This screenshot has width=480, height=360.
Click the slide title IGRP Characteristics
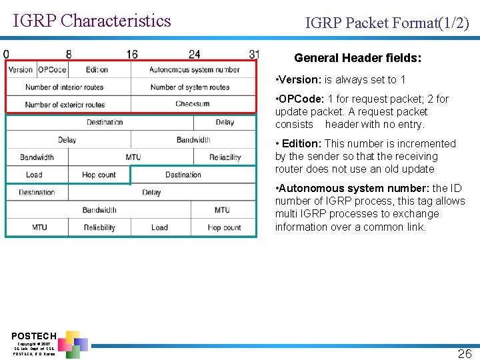coord(92,21)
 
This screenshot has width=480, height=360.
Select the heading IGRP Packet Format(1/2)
coord(387,24)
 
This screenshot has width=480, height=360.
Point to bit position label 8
coord(69,54)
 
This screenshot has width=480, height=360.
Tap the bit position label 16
coord(131,54)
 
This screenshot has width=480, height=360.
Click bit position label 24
coord(194,54)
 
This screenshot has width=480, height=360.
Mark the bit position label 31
coord(254,54)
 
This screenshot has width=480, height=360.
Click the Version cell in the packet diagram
coord(21,69)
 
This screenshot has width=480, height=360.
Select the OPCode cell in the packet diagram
coord(52,69)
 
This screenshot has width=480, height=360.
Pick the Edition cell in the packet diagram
coord(97,69)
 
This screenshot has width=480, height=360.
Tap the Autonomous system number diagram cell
coord(194,69)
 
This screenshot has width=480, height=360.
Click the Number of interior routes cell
coord(65,87)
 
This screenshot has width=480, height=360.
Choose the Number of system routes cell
coord(190,87)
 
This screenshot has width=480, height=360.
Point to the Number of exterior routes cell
coord(65,104)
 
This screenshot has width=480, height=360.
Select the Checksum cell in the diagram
coord(193,104)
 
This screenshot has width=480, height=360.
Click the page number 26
coord(464,353)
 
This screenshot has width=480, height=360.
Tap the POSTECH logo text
coord(34,335)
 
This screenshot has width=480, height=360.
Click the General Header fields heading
coord(357,59)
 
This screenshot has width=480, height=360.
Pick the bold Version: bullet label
coord(300,80)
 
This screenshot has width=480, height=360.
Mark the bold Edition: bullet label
coord(302,144)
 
